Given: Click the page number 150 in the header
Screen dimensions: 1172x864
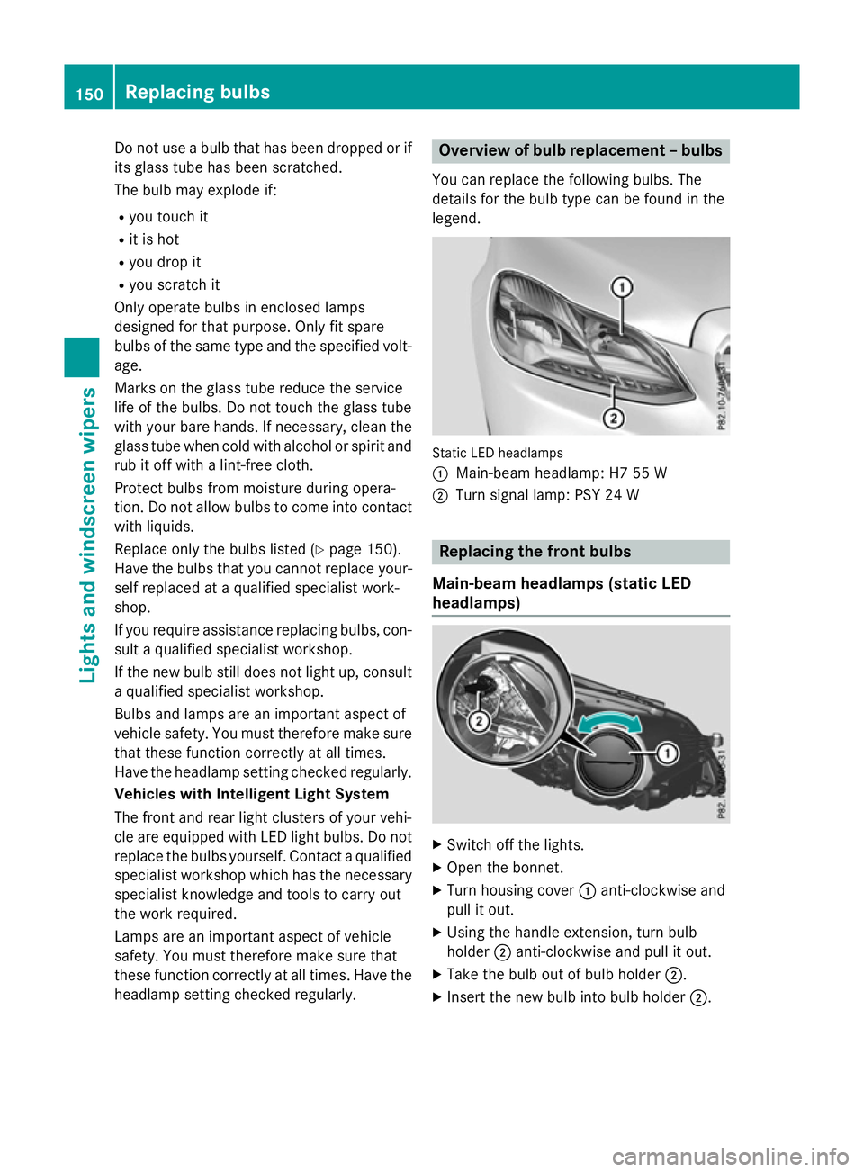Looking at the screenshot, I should click(x=89, y=94).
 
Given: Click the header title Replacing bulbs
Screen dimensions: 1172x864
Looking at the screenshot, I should click(x=197, y=92).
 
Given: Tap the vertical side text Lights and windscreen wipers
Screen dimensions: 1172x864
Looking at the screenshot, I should click(x=88, y=535).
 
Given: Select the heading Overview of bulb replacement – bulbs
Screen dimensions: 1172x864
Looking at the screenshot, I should click(x=580, y=150).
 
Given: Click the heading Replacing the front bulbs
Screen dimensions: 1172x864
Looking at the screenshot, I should click(x=535, y=552).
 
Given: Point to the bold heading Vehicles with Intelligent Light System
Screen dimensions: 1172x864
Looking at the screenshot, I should click(x=252, y=794).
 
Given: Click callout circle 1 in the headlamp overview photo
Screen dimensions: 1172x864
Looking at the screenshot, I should click(x=621, y=287).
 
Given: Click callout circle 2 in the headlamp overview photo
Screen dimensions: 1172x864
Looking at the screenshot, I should click(x=613, y=418).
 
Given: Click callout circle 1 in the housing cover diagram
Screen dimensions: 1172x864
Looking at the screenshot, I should click(x=667, y=753).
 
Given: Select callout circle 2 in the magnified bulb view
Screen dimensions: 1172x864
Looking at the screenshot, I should click(x=480, y=721).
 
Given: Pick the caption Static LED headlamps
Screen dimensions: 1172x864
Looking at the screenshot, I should click(x=498, y=453).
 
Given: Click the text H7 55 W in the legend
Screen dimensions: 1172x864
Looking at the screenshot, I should click(x=638, y=473).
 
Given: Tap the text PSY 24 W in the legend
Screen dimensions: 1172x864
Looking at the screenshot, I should click(x=607, y=495).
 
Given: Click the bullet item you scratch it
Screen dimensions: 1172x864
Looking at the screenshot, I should click(x=174, y=284).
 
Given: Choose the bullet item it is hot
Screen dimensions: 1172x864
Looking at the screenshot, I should click(x=154, y=239).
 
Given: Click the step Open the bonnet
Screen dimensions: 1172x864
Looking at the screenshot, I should click(x=505, y=868).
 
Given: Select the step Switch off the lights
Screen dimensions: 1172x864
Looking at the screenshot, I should click(x=515, y=845).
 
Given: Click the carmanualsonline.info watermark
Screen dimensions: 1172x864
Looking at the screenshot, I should click(x=730, y=1155).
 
